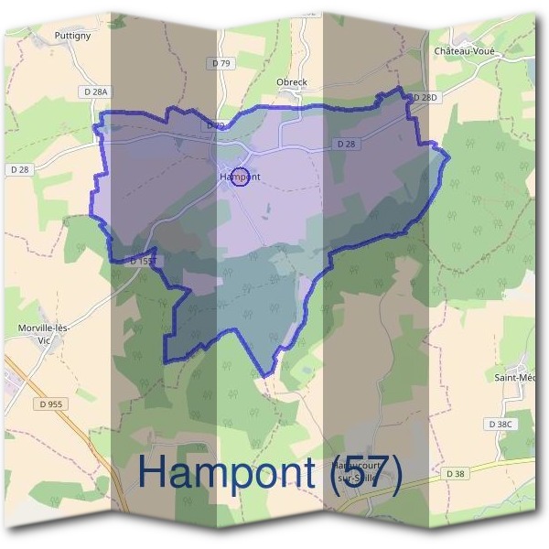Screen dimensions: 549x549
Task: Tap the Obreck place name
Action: pos(292,82)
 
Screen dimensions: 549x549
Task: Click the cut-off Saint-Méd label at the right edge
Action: pos(513,377)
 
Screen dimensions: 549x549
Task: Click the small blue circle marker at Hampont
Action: pos(242,176)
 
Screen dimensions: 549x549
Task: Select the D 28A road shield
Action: pos(95,91)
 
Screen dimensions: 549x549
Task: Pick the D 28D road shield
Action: pos(425,97)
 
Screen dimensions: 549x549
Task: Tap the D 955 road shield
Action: pos(55,403)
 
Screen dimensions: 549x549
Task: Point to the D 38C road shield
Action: pos(501,425)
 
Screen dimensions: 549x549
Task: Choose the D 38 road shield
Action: pos(456,473)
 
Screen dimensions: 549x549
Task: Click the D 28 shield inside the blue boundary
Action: pos(345,144)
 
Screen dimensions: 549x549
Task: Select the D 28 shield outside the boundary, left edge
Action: pos(20,169)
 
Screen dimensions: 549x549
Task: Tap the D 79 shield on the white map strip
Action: pos(221,63)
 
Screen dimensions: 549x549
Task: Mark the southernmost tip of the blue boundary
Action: pos(265,376)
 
